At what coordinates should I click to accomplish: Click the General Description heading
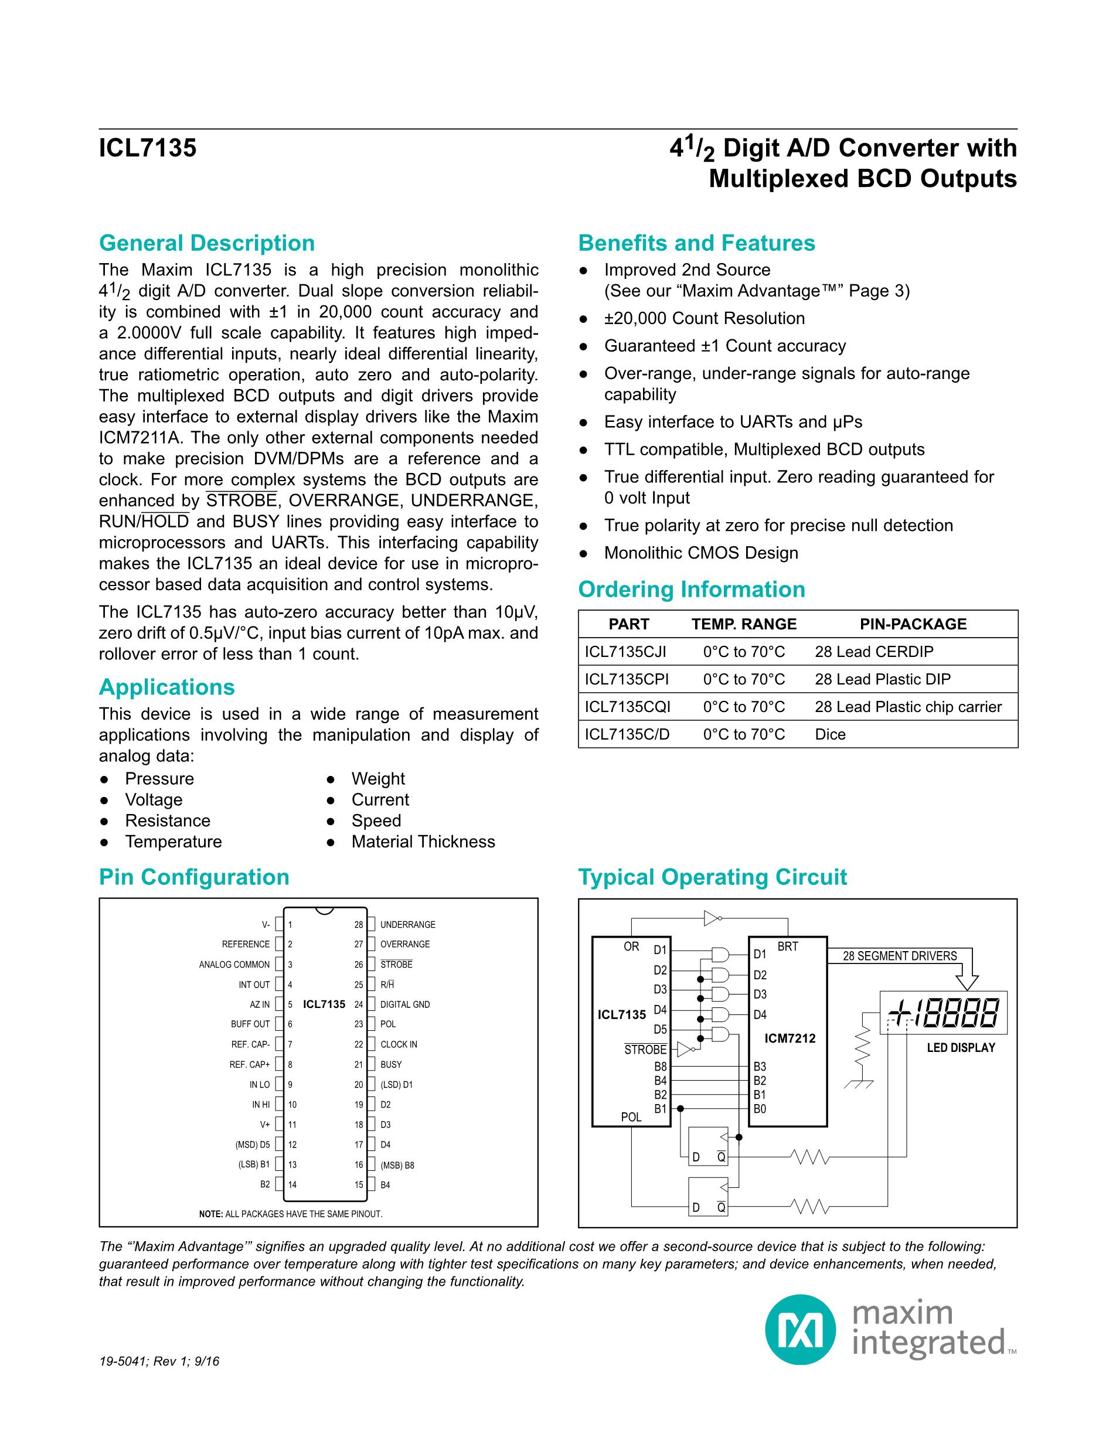coord(206,243)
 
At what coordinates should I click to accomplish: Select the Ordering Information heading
coord(691,589)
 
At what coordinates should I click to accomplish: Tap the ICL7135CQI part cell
coord(627,707)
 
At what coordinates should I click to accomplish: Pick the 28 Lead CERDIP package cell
coord(873,652)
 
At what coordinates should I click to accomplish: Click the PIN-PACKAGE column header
coord(913,624)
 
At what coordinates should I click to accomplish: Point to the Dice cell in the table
coord(830,734)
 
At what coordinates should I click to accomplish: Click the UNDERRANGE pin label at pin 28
coord(407,924)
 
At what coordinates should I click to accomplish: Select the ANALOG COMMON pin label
coord(234,965)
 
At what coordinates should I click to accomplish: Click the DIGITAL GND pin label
coord(404,1004)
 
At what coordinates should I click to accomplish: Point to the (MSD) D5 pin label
coord(252,1145)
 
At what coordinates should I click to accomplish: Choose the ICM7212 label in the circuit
coord(790,1038)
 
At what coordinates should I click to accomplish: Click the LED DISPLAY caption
coord(960,1048)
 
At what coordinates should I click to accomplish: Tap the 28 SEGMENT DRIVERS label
coord(899,956)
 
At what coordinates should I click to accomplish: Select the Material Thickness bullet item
coord(423,842)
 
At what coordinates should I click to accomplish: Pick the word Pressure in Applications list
coord(159,779)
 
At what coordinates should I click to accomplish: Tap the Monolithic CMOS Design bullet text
coord(701,553)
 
